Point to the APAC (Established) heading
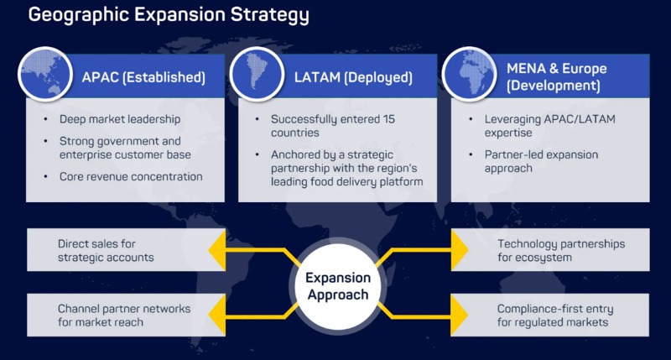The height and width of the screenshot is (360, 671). (143, 77)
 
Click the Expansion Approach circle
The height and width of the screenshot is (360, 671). (335, 285)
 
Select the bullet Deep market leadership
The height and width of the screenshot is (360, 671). (120, 119)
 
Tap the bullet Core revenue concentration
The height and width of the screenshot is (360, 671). (130, 177)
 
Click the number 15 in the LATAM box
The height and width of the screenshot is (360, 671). (393, 119)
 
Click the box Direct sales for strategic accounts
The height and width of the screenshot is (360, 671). (109, 250)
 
